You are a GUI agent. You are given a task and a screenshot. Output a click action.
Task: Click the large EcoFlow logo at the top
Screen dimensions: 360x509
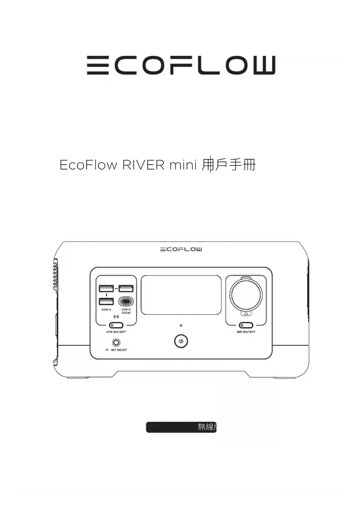click(181, 66)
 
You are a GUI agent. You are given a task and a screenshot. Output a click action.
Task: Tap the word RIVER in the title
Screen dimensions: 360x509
click(143, 165)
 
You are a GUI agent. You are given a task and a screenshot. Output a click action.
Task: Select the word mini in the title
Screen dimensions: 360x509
click(183, 165)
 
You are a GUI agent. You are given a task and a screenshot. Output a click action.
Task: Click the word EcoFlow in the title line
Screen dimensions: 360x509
click(88, 165)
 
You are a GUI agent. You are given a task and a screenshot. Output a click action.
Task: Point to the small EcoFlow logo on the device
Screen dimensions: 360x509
click(181, 249)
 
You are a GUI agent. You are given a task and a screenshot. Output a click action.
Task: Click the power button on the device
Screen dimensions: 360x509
click(181, 341)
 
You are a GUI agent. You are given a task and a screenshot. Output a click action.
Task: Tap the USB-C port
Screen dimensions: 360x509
click(126, 302)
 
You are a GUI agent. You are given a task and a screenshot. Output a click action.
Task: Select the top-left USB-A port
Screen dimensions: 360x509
click(106, 288)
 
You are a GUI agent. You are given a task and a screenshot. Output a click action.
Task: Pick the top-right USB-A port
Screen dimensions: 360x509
click(126, 288)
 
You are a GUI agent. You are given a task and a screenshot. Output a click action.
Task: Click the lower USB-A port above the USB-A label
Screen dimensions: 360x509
click(106, 301)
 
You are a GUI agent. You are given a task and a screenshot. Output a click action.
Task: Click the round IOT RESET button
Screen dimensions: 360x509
click(116, 343)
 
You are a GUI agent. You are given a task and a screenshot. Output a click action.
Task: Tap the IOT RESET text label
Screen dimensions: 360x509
click(119, 350)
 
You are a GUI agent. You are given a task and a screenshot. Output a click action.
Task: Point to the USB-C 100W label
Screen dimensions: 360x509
click(126, 311)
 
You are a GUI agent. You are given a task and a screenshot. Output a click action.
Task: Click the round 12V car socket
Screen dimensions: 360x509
click(246, 295)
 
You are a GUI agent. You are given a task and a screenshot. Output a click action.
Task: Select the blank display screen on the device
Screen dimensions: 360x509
click(181, 295)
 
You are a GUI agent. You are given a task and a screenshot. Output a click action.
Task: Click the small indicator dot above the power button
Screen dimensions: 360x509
click(181, 326)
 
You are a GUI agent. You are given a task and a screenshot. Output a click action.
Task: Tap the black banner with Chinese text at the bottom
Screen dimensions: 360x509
click(181, 427)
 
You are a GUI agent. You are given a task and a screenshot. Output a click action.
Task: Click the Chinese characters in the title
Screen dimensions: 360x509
click(229, 165)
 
